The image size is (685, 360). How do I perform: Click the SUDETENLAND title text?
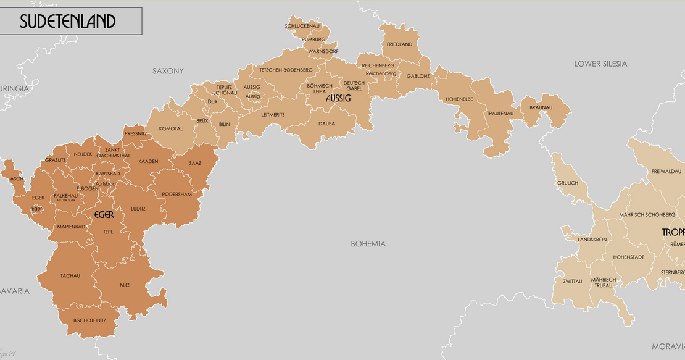68,22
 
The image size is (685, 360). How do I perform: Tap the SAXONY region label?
168,71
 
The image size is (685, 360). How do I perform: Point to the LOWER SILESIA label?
600,64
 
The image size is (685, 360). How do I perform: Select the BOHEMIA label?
368,243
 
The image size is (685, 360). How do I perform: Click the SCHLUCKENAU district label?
302,26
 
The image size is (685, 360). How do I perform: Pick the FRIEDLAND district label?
399,44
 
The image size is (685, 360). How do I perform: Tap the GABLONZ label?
418,76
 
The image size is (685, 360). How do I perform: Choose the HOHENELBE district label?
459,99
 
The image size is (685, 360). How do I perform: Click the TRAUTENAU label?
500,114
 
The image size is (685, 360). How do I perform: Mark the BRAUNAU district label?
541,107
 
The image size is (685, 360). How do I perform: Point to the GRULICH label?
568,183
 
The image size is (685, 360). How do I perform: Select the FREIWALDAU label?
666,170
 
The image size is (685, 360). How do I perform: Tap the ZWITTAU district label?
572,281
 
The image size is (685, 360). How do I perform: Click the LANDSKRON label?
592,239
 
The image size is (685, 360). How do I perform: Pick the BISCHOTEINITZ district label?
89,320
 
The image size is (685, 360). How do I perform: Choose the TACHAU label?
70,275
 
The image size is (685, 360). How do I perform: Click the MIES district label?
125,285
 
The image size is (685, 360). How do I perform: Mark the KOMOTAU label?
171,128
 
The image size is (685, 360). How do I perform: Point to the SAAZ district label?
195,163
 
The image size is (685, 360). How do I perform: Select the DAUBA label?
326,123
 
